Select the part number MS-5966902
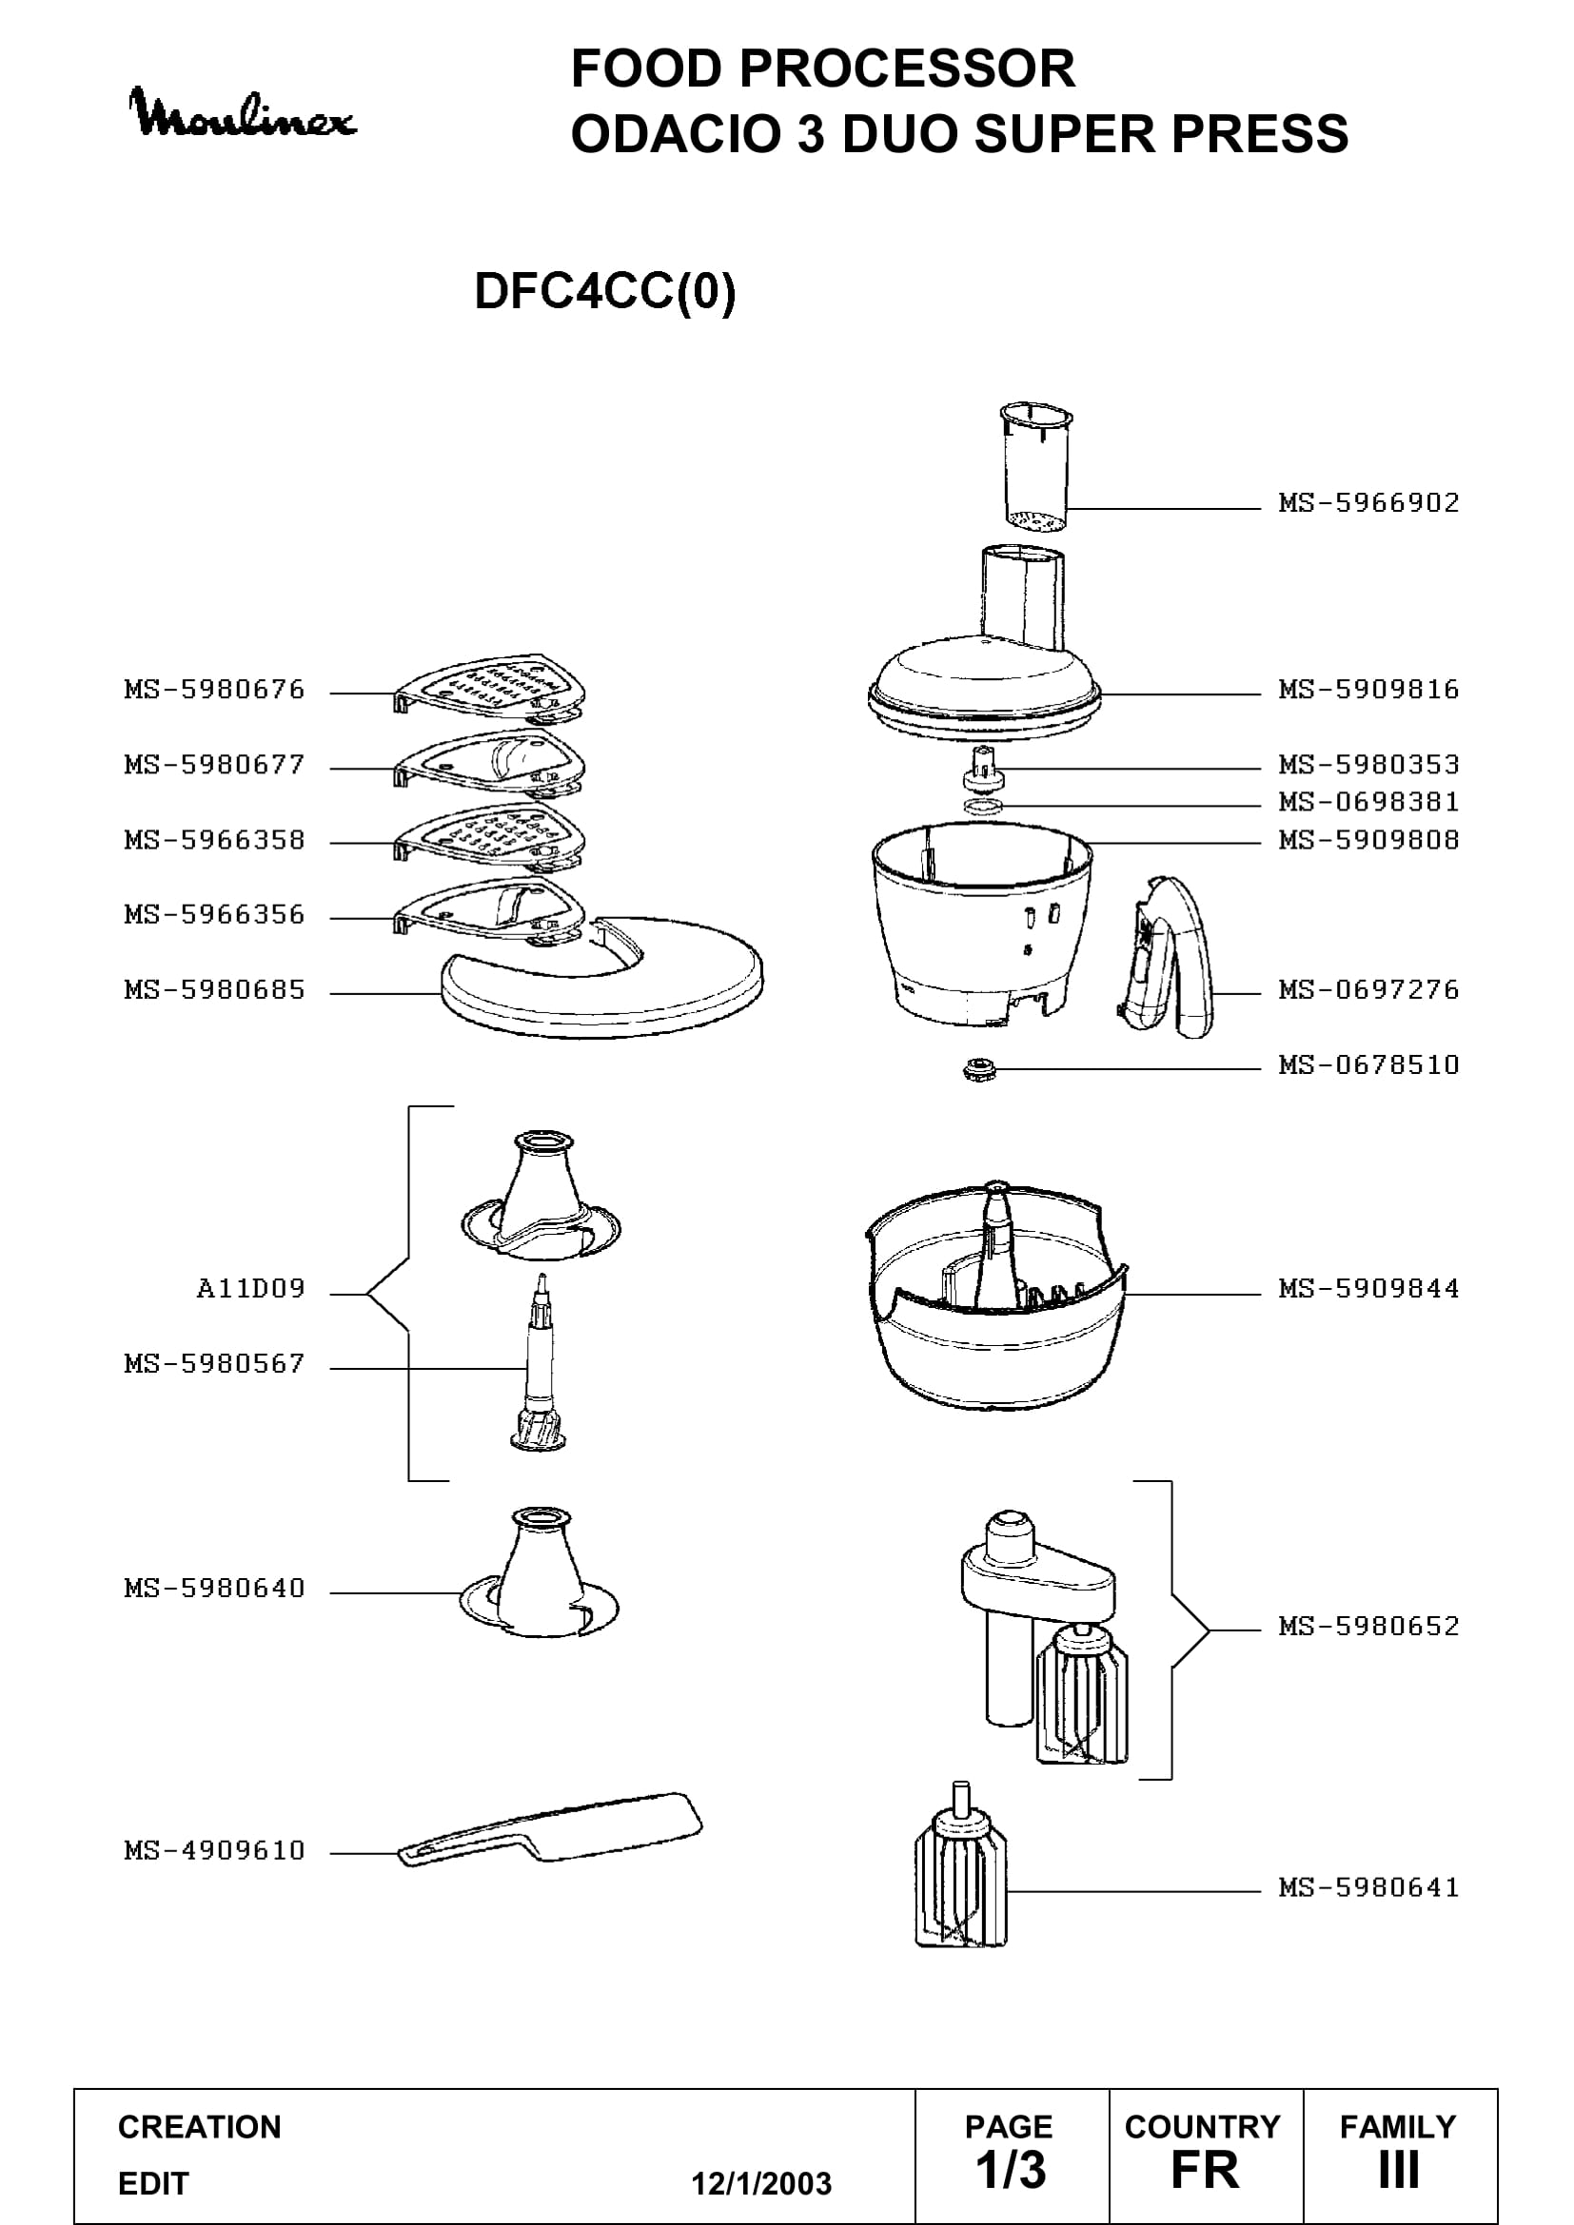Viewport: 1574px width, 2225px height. click(1368, 502)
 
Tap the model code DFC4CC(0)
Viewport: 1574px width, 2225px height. click(605, 291)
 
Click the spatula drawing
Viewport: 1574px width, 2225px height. click(549, 1829)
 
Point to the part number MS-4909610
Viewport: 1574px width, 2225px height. click(214, 1850)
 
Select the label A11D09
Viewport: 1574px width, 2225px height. click(251, 1288)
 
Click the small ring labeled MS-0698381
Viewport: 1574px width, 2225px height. click(984, 806)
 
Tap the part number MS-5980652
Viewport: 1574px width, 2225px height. click(1368, 1625)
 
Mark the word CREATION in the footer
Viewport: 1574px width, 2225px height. click(200, 2127)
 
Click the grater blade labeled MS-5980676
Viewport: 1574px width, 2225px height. click(489, 689)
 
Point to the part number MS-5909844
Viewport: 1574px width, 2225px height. click(1368, 1288)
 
